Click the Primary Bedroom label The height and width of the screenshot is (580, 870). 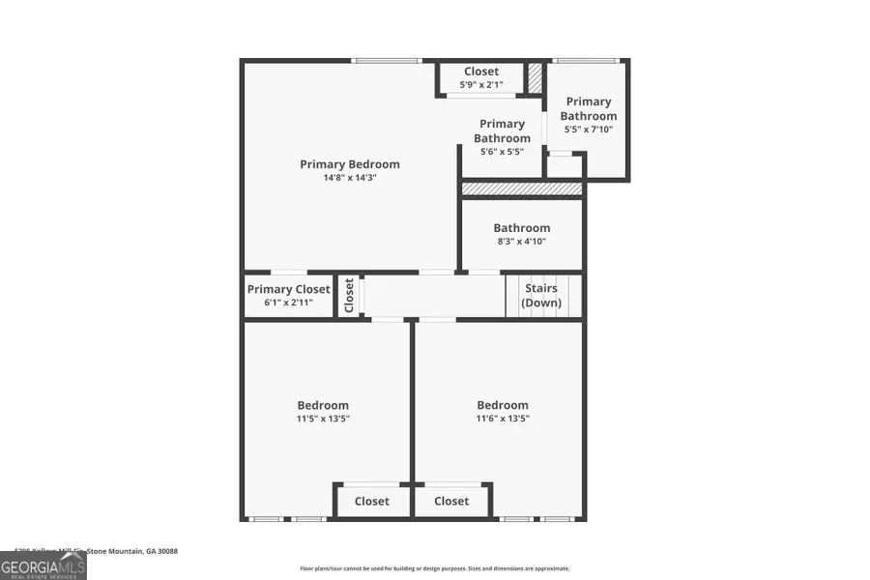coord(349,164)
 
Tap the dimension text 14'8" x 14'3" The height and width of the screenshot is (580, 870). coord(349,178)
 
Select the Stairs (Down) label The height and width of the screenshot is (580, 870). coord(541,295)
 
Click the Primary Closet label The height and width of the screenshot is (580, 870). coord(288,289)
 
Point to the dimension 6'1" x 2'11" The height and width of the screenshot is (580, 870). coord(288,303)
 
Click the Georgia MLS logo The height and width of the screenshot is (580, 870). coord(43,564)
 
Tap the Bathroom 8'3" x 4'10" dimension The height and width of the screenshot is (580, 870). coord(521,242)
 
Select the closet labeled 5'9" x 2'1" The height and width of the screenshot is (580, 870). coord(480,85)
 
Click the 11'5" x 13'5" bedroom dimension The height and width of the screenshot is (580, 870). coord(323,419)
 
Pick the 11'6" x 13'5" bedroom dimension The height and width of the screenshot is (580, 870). coord(503,419)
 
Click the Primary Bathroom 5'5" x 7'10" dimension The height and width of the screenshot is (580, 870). coord(589,130)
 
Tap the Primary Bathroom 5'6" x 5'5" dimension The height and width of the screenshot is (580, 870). coord(502,152)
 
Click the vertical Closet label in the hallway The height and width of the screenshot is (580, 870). coord(350,296)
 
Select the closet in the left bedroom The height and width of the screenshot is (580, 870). coord(371,501)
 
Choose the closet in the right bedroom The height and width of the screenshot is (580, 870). coord(451,501)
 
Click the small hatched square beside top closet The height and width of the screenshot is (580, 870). coord(535,78)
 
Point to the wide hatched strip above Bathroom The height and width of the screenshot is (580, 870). coord(522,188)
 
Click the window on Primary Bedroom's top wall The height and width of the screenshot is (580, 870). coord(386,61)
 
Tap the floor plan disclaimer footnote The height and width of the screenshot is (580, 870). coord(435,568)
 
